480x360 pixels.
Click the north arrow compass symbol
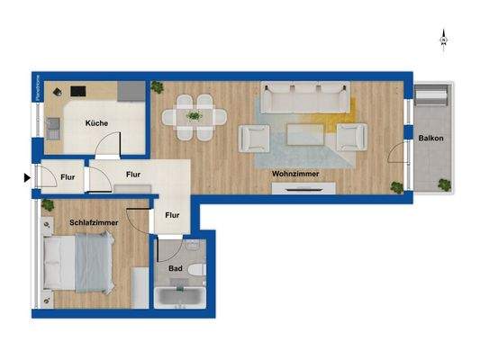click(x=443, y=38)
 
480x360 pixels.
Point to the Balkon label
click(x=430, y=138)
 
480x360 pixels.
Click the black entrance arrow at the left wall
click(x=26, y=177)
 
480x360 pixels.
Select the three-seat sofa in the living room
click(x=305, y=96)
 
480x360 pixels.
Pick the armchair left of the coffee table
click(x=256, y=138)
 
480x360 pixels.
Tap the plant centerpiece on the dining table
click(x=195, y=115)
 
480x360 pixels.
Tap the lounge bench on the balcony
click(x=432, y=99)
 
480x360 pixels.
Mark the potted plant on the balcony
click(x=443, y=183)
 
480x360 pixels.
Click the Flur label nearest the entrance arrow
click(x=68, y=177)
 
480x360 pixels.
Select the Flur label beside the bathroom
click(x=173, y=215)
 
